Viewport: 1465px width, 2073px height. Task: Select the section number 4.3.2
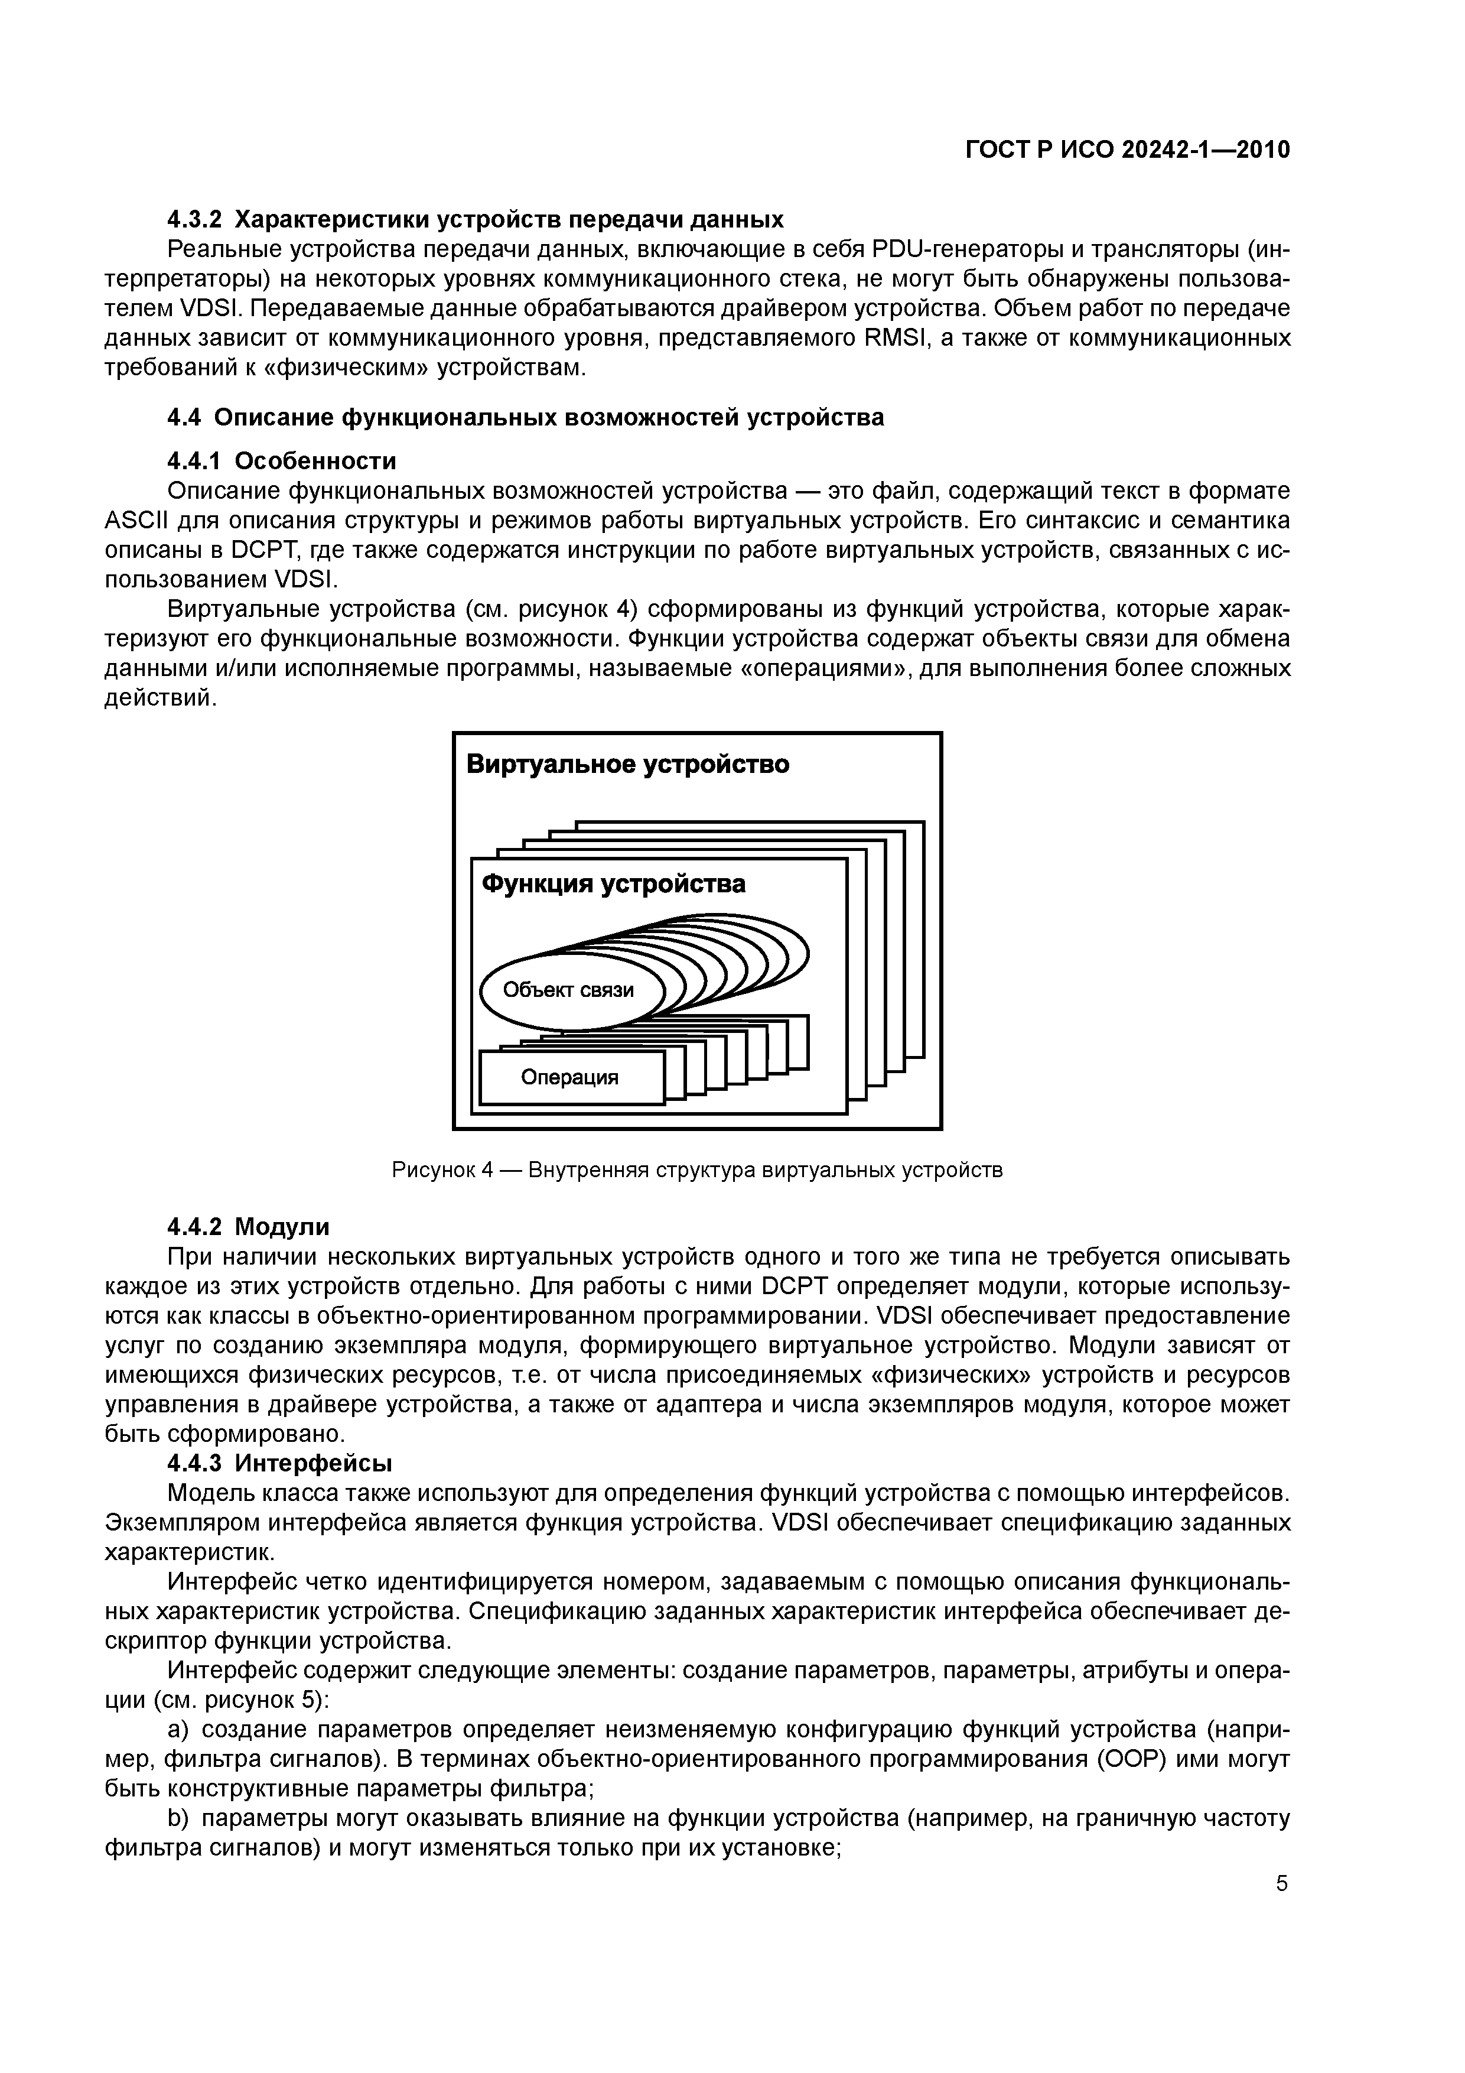[x=194, y=219]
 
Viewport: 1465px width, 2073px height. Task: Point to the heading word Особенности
[x=315, y=462]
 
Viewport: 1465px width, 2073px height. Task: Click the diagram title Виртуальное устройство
[x=627, y=765]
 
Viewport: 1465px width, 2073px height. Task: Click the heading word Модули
[x=282, y=1227]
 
